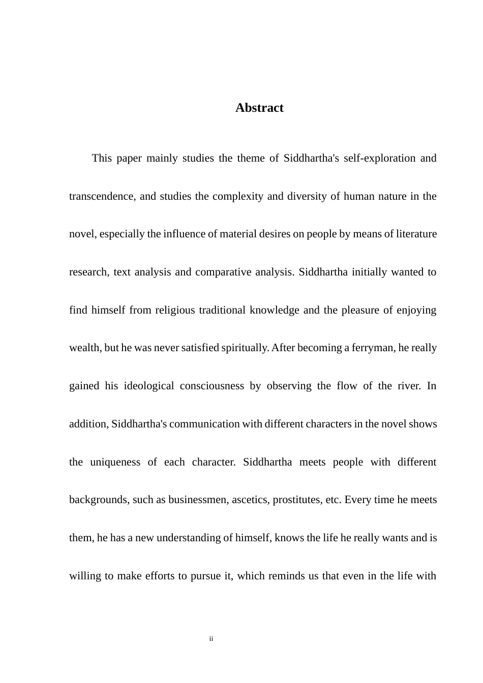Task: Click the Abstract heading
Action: [x=259, y=108]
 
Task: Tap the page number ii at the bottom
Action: [x=211, y=639]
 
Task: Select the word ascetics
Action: [x=251, y=500]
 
